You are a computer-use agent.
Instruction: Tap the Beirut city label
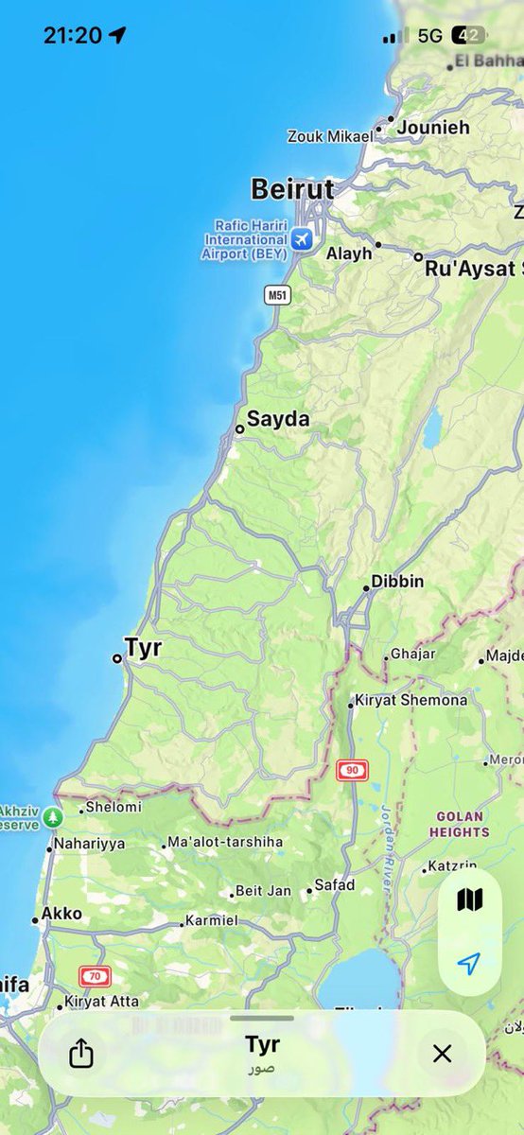(292, 189)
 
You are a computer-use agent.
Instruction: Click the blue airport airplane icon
(302, 239)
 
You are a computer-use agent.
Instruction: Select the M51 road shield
(277, 295)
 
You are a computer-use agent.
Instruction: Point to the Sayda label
(278, 419)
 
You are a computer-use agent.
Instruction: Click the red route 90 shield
(353, 770)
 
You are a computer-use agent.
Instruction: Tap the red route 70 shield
(95, 976)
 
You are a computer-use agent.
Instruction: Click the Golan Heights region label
(460, 824)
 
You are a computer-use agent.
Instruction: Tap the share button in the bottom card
(82, 1054)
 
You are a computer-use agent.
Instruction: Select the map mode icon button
(469, 899)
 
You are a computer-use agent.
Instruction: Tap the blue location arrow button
(469, 963)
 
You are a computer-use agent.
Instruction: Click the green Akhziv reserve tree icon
(53, 815)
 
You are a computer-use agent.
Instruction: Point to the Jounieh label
(433, 127)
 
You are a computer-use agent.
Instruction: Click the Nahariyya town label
(89, 844)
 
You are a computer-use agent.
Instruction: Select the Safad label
(335, 885)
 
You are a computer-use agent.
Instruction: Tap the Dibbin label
(397, 582)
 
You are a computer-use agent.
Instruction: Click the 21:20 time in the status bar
(72, 36)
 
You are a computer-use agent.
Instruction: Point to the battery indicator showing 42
(469, 36)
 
